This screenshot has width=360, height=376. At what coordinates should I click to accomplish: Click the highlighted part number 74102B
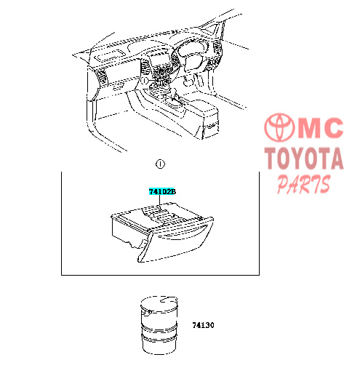coord(162,191)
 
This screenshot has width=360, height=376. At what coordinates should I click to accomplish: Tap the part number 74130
coord(203,325)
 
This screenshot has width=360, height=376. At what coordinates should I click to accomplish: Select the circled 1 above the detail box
coord(160,164)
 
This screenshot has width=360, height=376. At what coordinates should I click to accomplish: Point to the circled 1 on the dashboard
coord(144,80)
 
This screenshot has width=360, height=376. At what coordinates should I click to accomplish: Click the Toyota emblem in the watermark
coord(280,127)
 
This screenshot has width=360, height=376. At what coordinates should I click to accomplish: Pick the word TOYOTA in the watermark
coord(304,159)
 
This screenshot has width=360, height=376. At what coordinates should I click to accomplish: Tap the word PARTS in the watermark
coord(304,185)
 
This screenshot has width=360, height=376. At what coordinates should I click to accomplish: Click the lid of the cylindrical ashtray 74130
coord(159,303)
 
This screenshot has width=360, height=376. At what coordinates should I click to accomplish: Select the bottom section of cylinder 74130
coord(159,344)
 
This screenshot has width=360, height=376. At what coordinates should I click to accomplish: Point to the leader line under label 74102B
coord(159,201)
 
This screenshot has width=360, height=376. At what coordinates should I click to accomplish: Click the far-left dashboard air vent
coord(102,78)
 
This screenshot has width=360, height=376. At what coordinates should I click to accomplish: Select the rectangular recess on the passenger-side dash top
coord(110,55)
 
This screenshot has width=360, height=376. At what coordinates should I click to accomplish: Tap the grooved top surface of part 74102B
coord(160,215)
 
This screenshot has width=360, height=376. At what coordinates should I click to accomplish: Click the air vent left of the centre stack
coord(145,66)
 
